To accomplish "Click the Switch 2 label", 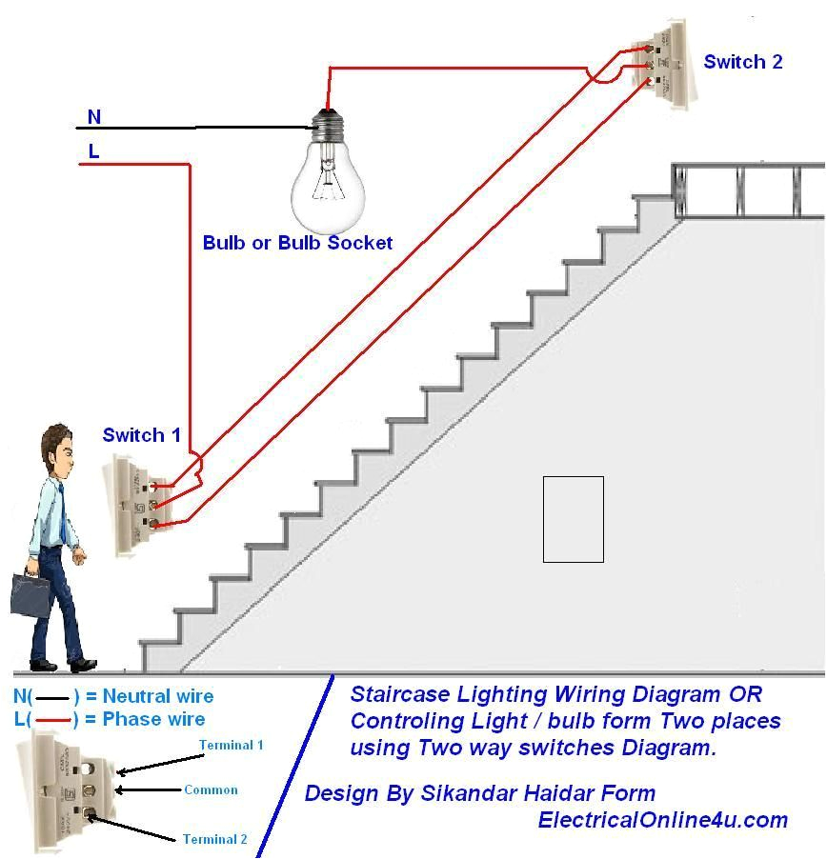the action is tap(742, 62).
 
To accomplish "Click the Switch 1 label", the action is tap(141, 435).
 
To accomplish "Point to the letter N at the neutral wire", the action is tap(93, 117).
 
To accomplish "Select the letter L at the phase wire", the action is tap(93, 151).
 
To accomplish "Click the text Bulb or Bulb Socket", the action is tap(297, 243).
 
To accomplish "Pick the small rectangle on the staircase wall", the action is tap(573, 519).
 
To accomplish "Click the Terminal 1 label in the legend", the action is tap(231, 746).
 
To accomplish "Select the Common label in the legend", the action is tap(211, 789).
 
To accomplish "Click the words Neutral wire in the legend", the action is tap(158, 696).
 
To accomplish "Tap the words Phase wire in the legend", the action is tap(153, 719).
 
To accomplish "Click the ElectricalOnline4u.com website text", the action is tap(662, 819).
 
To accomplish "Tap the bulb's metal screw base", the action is tap(328, 123).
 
